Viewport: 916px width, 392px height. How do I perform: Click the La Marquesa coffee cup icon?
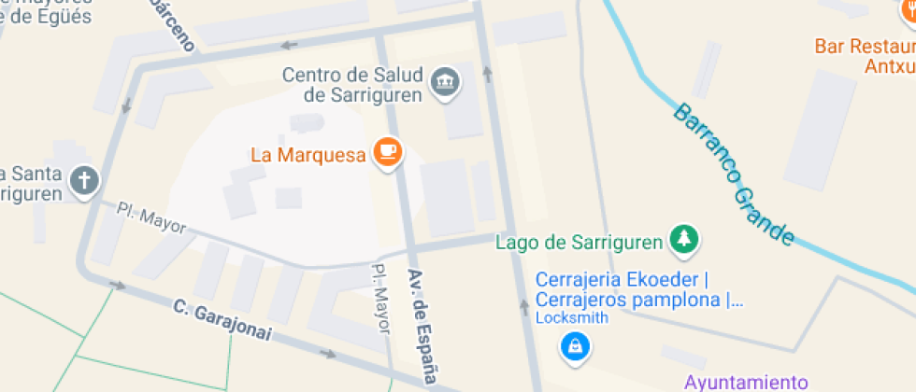387,153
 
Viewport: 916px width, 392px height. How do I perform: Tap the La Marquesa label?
307,155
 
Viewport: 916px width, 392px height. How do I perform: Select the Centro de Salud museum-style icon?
444,83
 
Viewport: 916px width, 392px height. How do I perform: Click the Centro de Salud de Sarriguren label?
352,84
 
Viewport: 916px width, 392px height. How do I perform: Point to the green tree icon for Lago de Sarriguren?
684,241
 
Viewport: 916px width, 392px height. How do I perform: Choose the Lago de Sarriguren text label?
579,243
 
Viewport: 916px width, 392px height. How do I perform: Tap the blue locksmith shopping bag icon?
574,347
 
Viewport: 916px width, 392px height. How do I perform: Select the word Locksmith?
571,317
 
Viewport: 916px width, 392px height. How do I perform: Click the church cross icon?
84,182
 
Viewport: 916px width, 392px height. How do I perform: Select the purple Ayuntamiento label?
745,382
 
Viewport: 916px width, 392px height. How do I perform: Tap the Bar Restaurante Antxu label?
865,56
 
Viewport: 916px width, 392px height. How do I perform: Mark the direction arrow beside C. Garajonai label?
327,354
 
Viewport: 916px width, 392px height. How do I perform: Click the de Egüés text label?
47,18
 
